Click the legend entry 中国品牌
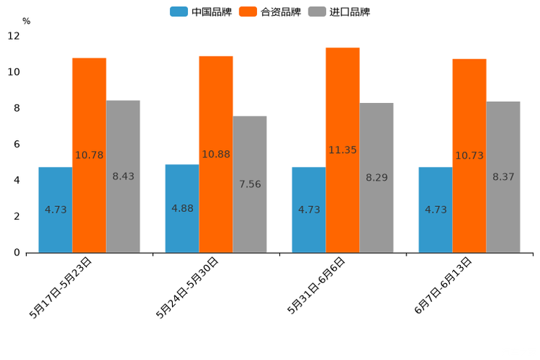pyautogui.click(x=201, y=12)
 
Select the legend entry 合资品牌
pyautogui.click(x=270, y=12)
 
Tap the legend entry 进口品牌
pyautogui.click(x=339, y=12)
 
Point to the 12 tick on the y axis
pyautogui.click(x=14, y=36)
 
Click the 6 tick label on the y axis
pyautogui.click(x=16, y=144)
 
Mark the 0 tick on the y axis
pyautogui.click(x=16, y=253)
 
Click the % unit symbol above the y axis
pyautogui.click(x=26, y=21)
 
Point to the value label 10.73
pyautogui.click(x=470, y=155)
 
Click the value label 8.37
pyautogui.click(x=503, y=176)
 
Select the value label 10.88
pyautogui.click(x=216, y=154)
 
